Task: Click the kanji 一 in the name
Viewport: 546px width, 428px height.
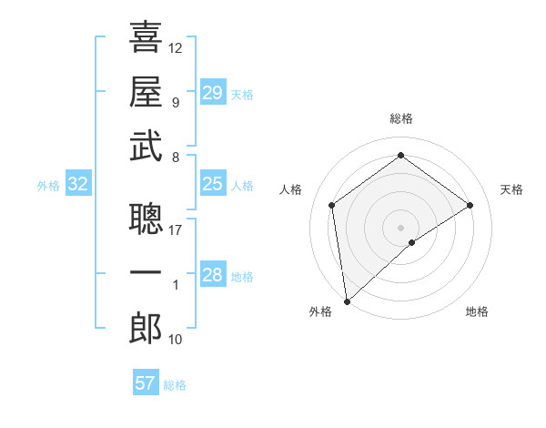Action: (146, 274)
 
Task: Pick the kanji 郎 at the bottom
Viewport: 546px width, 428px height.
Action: (146, 328)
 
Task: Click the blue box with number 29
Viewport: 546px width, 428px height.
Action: (212, 93)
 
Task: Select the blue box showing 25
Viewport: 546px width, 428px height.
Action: (212, 185)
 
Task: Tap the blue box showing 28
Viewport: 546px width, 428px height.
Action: (212, 276)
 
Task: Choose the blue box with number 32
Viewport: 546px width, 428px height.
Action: (78, 185)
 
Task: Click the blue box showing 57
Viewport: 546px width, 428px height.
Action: (146, 383)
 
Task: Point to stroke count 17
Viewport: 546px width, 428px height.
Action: (176, 230)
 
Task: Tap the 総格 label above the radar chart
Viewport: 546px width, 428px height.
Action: (401, 119)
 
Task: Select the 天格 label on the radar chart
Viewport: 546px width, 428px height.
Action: (512, 189)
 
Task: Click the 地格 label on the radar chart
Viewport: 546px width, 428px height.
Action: (477, 311)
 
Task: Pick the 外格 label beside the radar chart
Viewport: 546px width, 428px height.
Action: (320, 311)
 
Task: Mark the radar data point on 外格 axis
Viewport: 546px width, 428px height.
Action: (347, 301)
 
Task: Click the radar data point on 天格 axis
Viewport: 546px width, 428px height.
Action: (470, 205)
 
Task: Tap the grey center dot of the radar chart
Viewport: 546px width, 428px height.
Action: (401, 227)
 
